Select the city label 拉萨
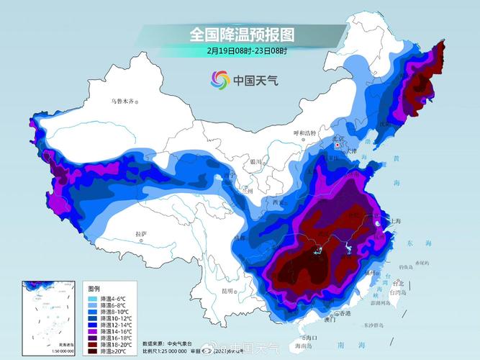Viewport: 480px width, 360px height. pos(141,234)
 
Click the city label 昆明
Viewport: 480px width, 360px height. pos(227,291)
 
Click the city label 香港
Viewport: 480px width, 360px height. pos(346,313)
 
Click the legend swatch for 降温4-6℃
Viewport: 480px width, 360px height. pos(92,298)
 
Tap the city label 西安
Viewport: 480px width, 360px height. pos(279,203)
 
